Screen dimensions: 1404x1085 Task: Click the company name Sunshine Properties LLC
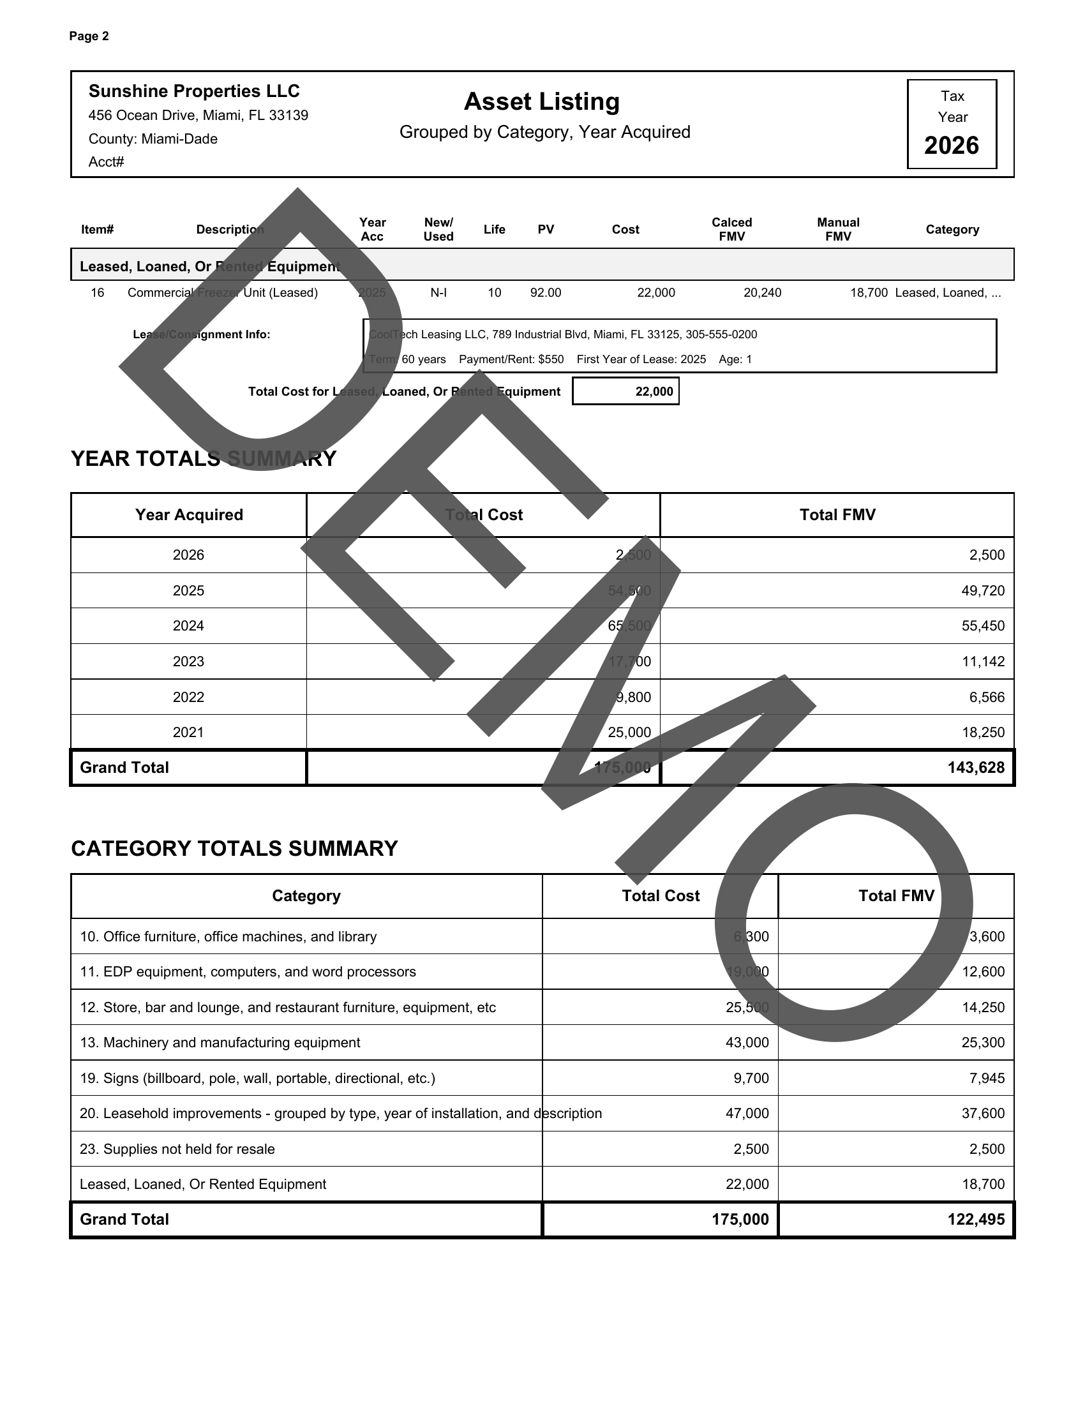193,91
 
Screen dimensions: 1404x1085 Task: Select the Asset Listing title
542,101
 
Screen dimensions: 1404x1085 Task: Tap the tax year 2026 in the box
952,146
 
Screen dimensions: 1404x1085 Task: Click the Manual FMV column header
837,230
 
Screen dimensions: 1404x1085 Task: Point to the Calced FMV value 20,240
762,293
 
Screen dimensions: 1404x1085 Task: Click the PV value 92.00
545,293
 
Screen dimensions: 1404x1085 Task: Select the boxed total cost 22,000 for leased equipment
654,391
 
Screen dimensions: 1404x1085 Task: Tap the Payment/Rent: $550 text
511,359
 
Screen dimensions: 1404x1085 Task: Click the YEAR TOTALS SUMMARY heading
203,459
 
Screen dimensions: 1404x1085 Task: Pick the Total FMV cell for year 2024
983,626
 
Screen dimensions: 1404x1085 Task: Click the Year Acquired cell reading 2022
188,698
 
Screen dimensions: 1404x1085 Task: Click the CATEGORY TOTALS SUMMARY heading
234,849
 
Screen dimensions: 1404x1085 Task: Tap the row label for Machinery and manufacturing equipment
219,1043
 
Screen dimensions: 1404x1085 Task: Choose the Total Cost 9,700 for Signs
751,1078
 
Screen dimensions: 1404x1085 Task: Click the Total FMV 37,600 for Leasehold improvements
983,1114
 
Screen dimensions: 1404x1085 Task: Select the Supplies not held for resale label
177,1149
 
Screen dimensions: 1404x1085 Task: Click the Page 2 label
89,36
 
